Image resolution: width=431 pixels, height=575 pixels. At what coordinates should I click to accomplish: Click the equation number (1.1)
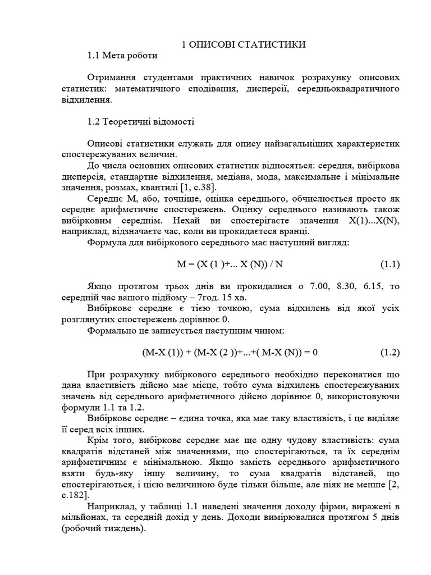[x=390, y=264]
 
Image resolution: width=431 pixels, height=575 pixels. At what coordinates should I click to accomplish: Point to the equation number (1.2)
[x=390, y=353]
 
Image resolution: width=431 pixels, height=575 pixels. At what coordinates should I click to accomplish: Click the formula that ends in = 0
[x=230, y=353]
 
